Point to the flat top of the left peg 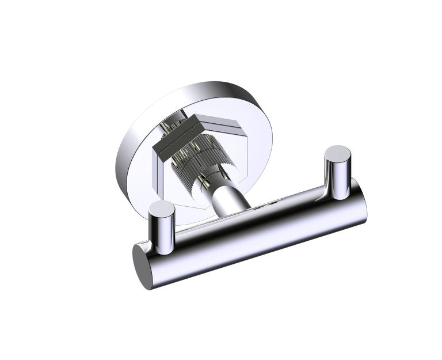click(x=162, y=209)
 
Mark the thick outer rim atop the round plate click(x=190, y=95)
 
